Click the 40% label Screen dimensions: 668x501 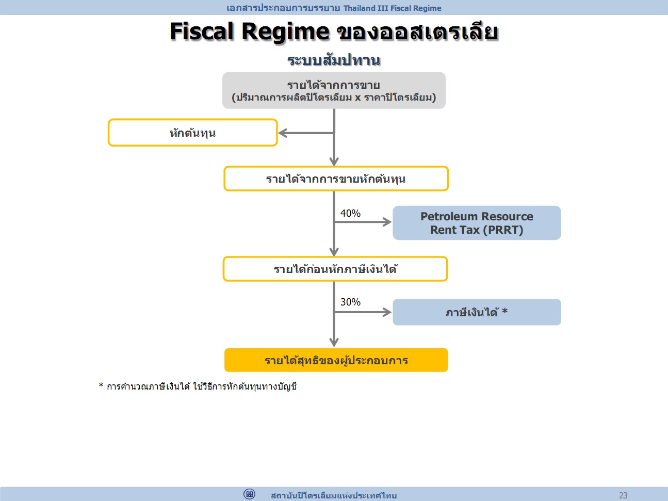coord(350,213)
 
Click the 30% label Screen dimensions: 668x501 coord(350,302)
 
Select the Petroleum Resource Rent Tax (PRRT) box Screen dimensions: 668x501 coord(477,223)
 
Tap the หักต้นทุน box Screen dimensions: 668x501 coord(192,133)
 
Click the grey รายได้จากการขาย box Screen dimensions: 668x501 coord(334,90)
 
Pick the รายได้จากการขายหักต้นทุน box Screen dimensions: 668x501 coord(336,179)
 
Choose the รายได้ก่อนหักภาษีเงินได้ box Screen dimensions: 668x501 coord(335,269)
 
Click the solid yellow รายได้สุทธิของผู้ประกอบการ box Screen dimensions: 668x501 coord(336,360)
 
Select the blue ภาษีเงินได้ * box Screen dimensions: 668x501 coord(477,312)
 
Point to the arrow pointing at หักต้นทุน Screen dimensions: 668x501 coord(306,133)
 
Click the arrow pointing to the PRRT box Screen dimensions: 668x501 coord(363,222)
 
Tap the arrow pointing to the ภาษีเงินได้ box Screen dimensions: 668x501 coord(363,312)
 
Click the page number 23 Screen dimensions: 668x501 coord(623,495)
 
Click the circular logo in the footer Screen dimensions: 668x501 coord(249,494)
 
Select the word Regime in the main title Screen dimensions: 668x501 coord(285,32)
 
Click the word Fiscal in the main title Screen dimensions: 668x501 coord(202,31)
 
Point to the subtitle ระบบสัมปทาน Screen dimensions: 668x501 coord(334,60)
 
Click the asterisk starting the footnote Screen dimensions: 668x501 coord(101,385)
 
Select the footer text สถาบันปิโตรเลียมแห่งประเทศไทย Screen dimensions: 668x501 coord(334,495)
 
